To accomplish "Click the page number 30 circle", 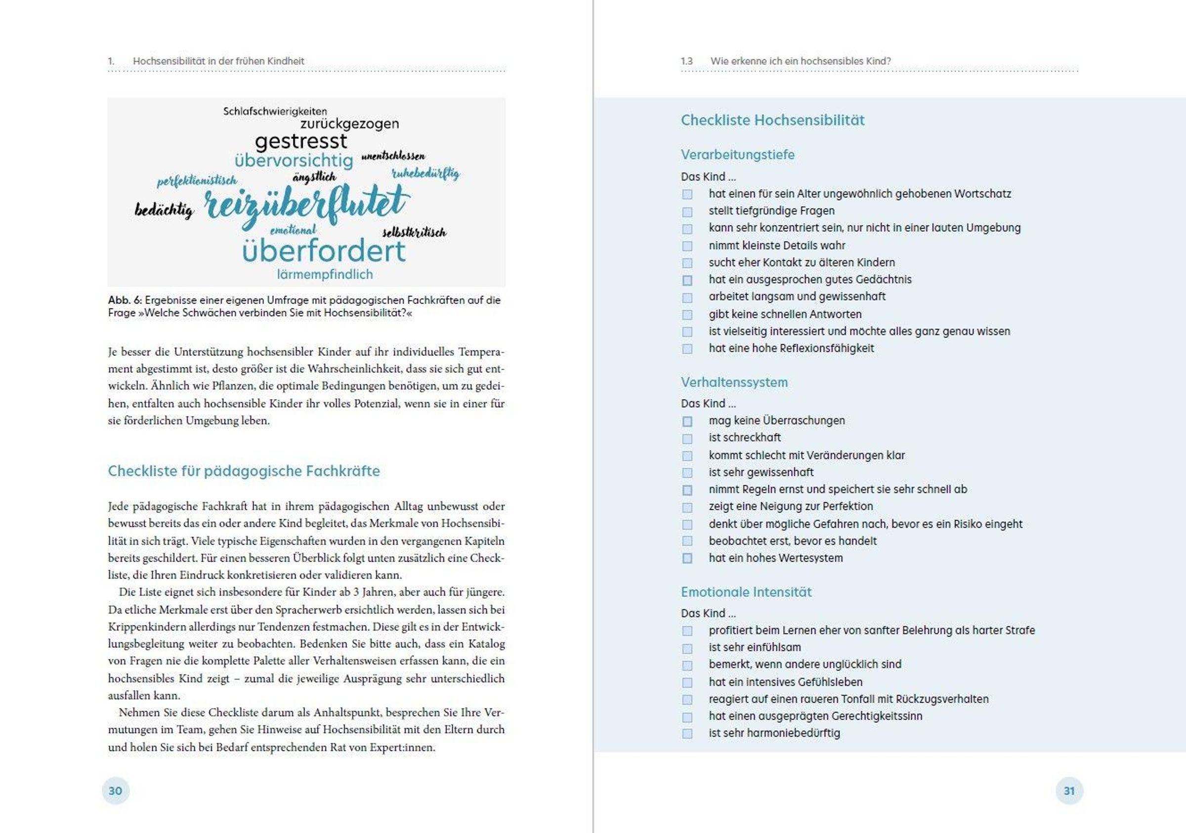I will click(x=116, y=791).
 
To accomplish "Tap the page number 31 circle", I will click(x=1069, y=791).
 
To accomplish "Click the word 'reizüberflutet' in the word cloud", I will click(x=307, y=205).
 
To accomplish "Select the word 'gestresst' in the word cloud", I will click(x=301, y=141).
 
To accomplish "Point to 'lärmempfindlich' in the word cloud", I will click(x=324, y=274).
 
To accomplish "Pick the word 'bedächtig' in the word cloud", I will click(x=164, y=210).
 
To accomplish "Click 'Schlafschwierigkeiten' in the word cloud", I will click(x=275, y=111).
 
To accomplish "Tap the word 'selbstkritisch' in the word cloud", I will click(x=414, y=232).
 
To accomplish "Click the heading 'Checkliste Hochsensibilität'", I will click(x=772, y=121).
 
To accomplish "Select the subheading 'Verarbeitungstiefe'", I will click(x=737, y=155).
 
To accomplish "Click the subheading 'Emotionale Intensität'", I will click(x=746, y=592).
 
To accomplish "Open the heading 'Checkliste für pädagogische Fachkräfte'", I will click(x=244, y=471).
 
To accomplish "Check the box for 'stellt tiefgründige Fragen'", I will click(x=687, y=212).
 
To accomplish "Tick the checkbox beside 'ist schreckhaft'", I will click(x=687, y=438).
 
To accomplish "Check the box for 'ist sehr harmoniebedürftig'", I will click(x=687, y=734).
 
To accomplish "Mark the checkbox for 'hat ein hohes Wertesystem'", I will click(x=687, y=558).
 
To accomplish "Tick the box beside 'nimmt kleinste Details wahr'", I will click(x=687, y=246).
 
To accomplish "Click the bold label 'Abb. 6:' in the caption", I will click(x=125, y=300).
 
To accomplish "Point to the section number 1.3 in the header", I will click(x=686, y=61).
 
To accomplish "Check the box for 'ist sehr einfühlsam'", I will click(x=687, y=648).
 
